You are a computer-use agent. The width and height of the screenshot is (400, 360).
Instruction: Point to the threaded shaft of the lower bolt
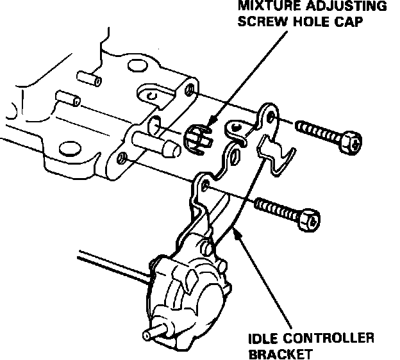click(276, 209)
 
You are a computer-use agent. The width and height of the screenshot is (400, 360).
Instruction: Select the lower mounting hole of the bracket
click(206, 185)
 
